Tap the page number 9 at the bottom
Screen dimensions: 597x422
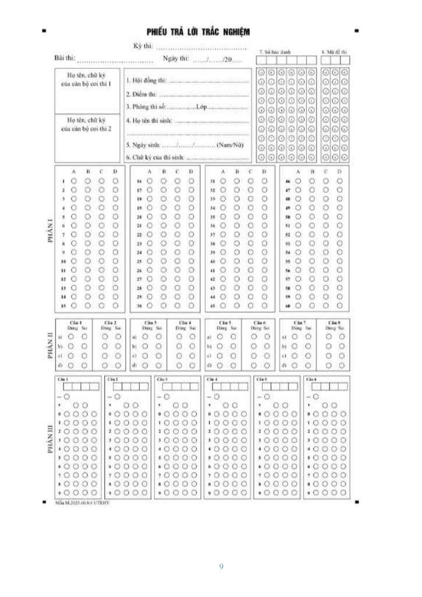[x=221, y=566]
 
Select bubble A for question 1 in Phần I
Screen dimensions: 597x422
[x=74, y=181]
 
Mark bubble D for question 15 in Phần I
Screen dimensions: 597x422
[x=115, y=305]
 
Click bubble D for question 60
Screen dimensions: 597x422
[x=340, y=305]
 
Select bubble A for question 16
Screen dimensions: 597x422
[x=149, y=181]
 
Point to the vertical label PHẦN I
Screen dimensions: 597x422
[x=50, y=238]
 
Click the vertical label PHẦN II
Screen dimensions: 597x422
[x=50, y=345]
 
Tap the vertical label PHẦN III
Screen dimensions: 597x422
[x=50, y=438]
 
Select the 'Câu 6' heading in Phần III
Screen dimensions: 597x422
[x=311, y=379]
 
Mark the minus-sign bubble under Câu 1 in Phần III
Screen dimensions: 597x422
[x=67, y=396]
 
